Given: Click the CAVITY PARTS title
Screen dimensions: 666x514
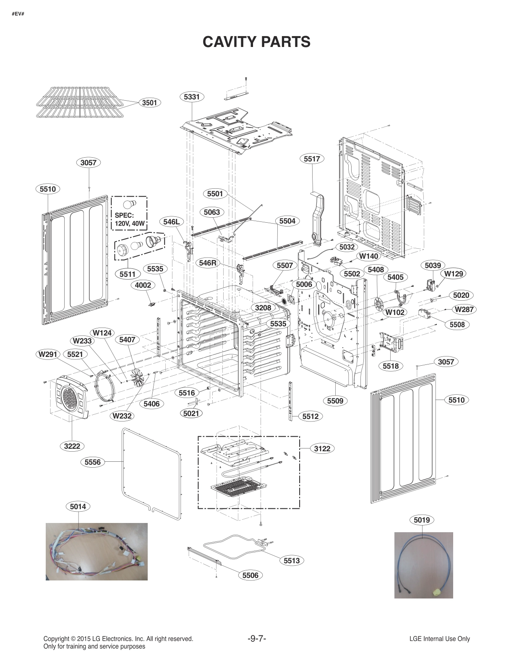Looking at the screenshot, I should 256,42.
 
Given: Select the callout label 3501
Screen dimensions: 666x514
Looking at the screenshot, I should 149,102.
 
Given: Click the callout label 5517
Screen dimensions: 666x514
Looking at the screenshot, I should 312,159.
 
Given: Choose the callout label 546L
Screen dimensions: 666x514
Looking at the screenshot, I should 172,222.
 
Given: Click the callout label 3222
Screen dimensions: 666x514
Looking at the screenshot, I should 72,446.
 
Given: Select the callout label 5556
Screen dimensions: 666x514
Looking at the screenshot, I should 92,462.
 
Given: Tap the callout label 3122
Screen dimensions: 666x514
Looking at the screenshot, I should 322,448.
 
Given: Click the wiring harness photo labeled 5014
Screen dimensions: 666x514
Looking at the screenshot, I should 97,551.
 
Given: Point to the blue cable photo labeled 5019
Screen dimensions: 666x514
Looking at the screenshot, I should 423,565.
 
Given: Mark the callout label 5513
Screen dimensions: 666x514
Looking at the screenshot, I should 291,560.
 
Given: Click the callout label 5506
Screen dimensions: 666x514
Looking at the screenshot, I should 250,575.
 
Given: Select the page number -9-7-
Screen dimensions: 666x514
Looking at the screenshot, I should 257,639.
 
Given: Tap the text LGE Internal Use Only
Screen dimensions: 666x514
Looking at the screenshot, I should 439,639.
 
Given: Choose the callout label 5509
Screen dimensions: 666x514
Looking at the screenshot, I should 335,401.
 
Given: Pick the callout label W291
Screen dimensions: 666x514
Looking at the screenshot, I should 48,354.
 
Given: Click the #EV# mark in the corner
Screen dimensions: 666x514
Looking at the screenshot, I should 18,14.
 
